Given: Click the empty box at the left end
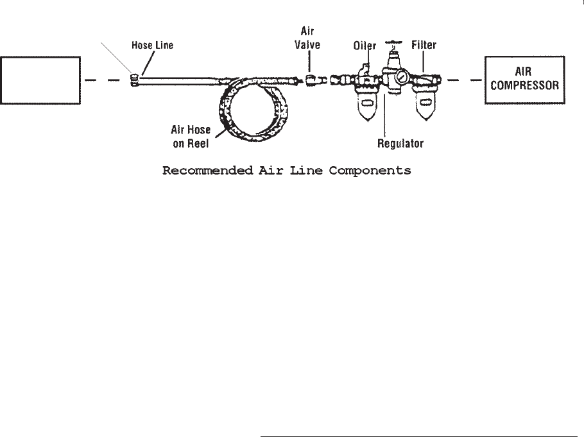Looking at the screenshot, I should [x=40, y=80].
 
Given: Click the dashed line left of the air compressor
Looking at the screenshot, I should [x=463, y=80].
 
